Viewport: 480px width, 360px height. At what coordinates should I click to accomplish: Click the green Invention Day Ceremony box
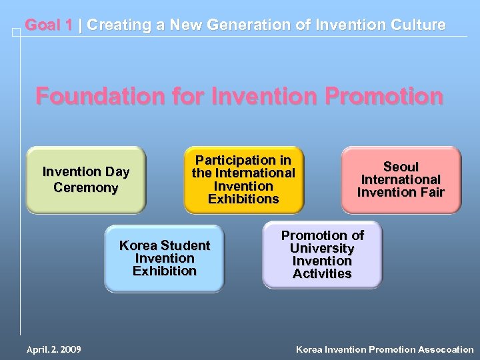tap(86, 179)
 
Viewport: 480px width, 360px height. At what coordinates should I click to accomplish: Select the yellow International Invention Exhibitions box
tap(243, 179)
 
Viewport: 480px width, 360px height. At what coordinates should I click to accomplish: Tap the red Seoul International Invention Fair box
tap(401, 179)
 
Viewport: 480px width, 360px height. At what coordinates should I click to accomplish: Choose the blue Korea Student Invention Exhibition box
tap(164, 258)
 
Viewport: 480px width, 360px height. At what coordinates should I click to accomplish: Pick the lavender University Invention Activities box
tap(322, 254)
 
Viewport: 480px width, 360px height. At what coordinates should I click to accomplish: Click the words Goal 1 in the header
tap(49, 25)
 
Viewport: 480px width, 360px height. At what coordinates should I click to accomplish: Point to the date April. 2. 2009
tap(54, 349)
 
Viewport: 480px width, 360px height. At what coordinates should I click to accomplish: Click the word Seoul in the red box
tap(401, 167)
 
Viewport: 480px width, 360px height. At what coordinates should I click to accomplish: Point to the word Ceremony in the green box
tap(86, 187)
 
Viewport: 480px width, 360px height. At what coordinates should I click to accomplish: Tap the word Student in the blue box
tap(184, 245)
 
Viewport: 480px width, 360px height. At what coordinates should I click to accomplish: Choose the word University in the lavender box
tap(322, 248)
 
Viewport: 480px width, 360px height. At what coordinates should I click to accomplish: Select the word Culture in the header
tap(419, 25)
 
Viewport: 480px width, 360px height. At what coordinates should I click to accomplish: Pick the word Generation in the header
tap(238, 25)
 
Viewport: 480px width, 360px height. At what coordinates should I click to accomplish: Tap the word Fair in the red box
tap(431, 193)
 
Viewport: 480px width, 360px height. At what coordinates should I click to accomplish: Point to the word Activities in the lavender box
tap(322, 273)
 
